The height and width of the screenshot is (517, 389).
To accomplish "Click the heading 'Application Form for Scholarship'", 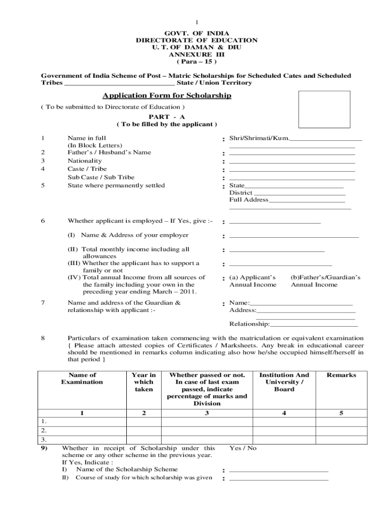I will (x=167, y=95).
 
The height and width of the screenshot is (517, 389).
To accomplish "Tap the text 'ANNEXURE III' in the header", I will (x=196, y=54).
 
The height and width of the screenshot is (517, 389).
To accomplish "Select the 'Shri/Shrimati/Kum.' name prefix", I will (x=259, y=138).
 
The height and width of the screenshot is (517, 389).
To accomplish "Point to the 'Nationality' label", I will (x=84, y=161).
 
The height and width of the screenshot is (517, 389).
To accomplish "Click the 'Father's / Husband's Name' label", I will (x=109, y=152).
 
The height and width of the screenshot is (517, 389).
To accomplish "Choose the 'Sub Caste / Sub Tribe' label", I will (x=101, y=177).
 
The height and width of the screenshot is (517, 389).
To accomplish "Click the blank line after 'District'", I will (x=300, y=193).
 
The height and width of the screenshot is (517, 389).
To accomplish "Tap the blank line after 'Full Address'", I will (x=307, y=200).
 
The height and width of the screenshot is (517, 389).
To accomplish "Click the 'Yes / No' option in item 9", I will (x=243, y=448).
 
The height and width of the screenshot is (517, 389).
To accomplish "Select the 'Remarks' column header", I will (x=341, y=375).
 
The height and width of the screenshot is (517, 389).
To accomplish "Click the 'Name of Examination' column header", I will (x=81, y=379).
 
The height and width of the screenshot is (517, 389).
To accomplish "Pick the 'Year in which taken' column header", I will (x=143, y=382).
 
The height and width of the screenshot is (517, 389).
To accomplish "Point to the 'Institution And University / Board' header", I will (x=284, y=382).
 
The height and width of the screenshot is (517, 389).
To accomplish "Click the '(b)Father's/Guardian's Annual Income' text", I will (x=325, y=281).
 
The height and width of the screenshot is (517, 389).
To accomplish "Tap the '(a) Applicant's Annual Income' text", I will (x=253, y=281).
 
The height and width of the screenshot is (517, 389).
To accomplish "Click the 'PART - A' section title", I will (x=166, y=117).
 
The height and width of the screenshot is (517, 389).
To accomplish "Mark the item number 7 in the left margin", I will (x=43, y=303).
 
